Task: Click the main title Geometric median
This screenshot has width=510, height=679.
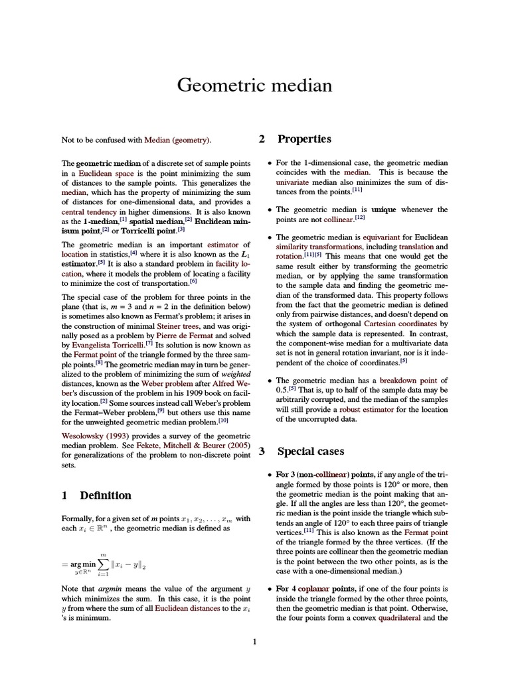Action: (x=254, y=86)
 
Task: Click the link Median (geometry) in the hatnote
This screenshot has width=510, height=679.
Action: (x=177, y=140)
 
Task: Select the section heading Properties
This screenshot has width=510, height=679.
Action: (x=304, y=139)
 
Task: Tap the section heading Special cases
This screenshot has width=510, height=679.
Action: (x=310, y=452)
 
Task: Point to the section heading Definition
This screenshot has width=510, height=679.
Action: (x=106, y=495)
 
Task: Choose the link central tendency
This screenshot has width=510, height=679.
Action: (x=90, y=213)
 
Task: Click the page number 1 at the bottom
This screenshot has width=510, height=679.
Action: (x=254, y=641)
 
